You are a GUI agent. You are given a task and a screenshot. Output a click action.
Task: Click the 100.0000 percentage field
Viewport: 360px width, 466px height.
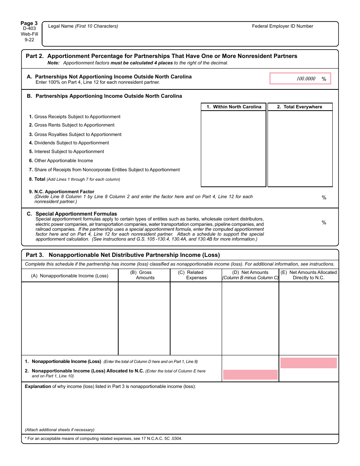click(300, 79)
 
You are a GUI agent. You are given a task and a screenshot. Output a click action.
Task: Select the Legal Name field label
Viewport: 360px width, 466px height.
click(83, 26)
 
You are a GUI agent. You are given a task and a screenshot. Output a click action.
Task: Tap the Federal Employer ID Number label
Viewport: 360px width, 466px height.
click(282, 26)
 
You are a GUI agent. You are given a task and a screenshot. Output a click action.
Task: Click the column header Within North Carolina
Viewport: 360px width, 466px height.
click(233, 107)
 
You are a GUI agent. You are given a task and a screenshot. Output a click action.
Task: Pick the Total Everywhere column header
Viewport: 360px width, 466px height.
click(299, 107)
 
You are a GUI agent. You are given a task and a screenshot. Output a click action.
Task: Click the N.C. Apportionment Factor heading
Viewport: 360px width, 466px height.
click(62, 192)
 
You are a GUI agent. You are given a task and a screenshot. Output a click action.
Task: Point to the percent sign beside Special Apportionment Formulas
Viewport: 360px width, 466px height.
click(324, 223)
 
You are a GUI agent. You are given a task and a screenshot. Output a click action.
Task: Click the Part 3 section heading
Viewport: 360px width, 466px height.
click(122, 255)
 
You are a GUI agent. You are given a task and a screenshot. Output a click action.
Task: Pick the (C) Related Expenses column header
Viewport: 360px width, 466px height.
click(196, 275)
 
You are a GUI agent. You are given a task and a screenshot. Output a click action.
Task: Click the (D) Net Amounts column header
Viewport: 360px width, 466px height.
click(250, 275)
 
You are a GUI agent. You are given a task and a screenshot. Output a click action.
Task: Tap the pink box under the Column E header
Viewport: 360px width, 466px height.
click(308, 363)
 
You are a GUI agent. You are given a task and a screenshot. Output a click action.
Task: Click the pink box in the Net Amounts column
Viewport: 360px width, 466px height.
click(250, 375)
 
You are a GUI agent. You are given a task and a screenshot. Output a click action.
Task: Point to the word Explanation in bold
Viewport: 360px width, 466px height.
click(38, 386)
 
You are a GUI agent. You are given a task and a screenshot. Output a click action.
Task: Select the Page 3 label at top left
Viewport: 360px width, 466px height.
click(29, 23)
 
